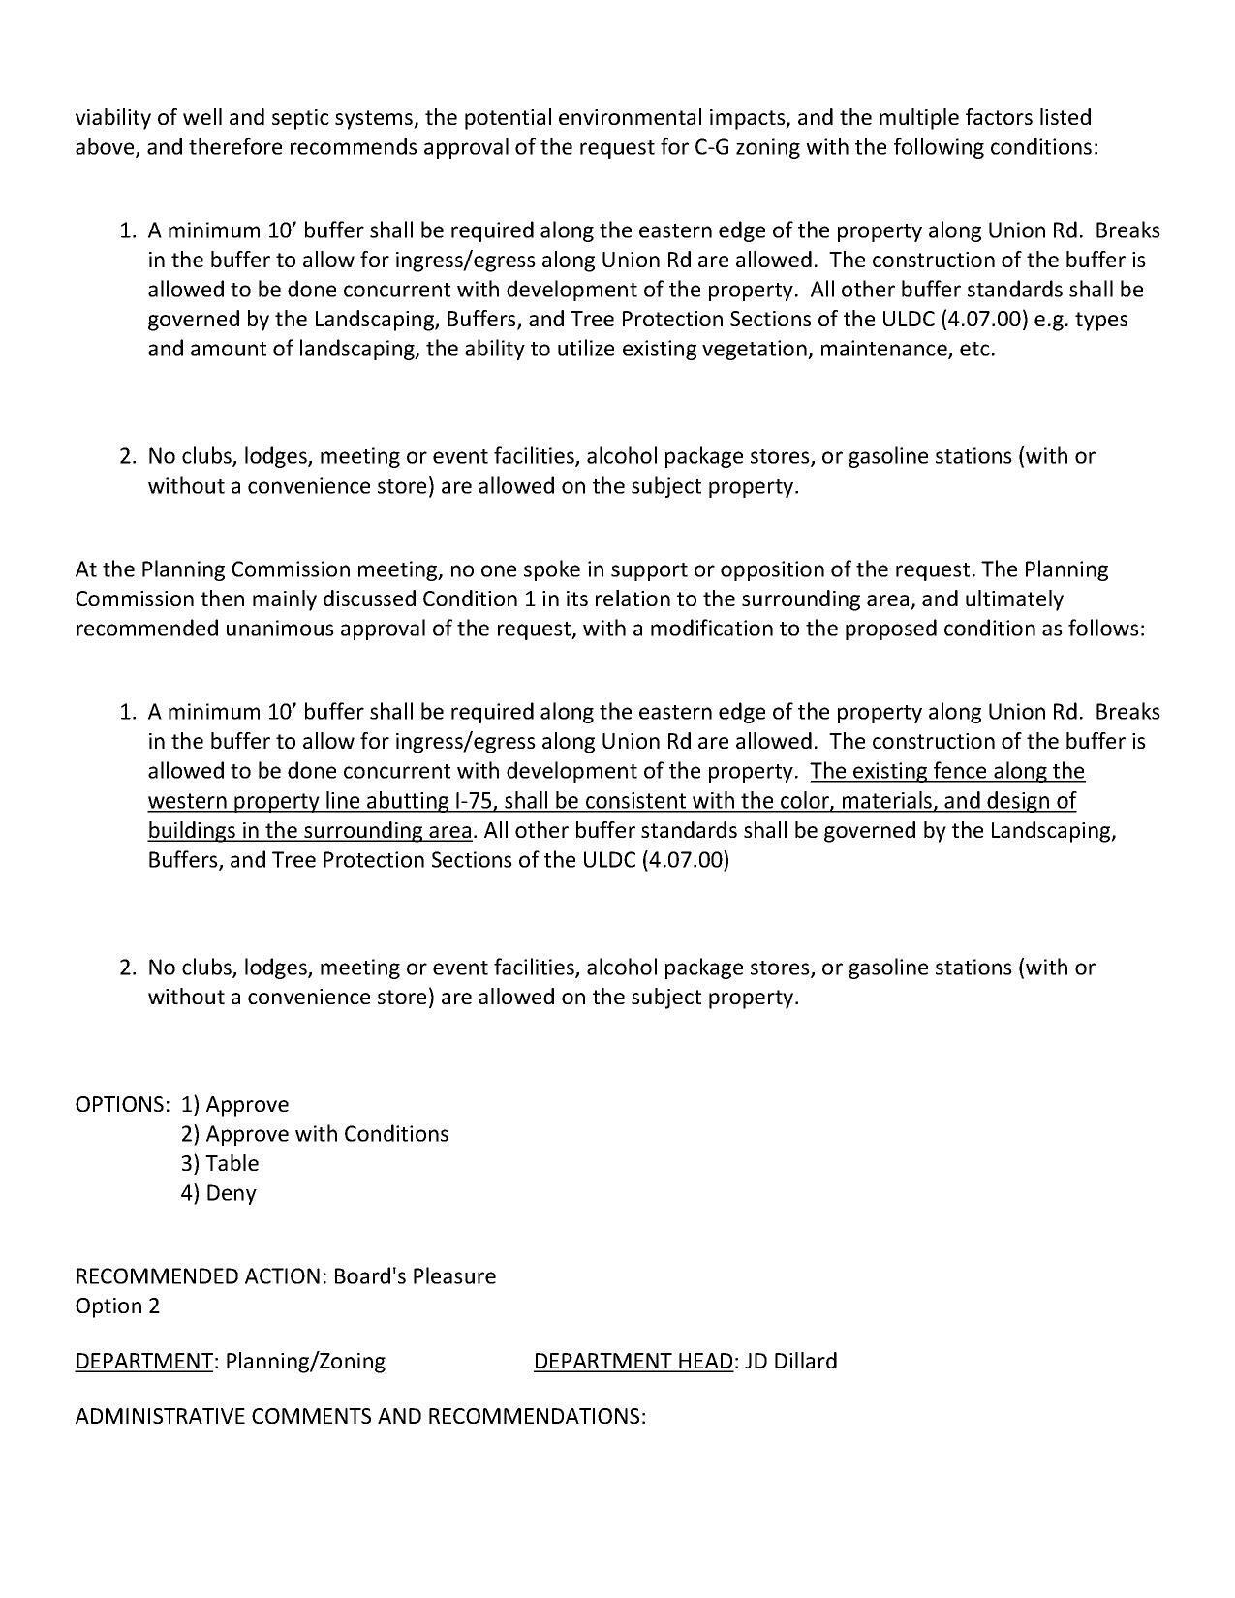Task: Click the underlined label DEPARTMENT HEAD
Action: (633, 1361)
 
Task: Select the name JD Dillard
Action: (791, 1361)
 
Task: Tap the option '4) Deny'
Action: (218, 1192)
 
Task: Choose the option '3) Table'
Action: (220, 1163)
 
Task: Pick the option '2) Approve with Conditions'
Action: (315, 1134)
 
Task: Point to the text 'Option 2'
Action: (117, 1306)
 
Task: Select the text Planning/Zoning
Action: (305, 1361)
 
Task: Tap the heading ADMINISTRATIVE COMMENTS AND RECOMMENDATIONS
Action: (360, 1416)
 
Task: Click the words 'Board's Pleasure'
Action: (415, 1276)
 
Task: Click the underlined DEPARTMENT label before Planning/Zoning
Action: (143, 1361)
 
